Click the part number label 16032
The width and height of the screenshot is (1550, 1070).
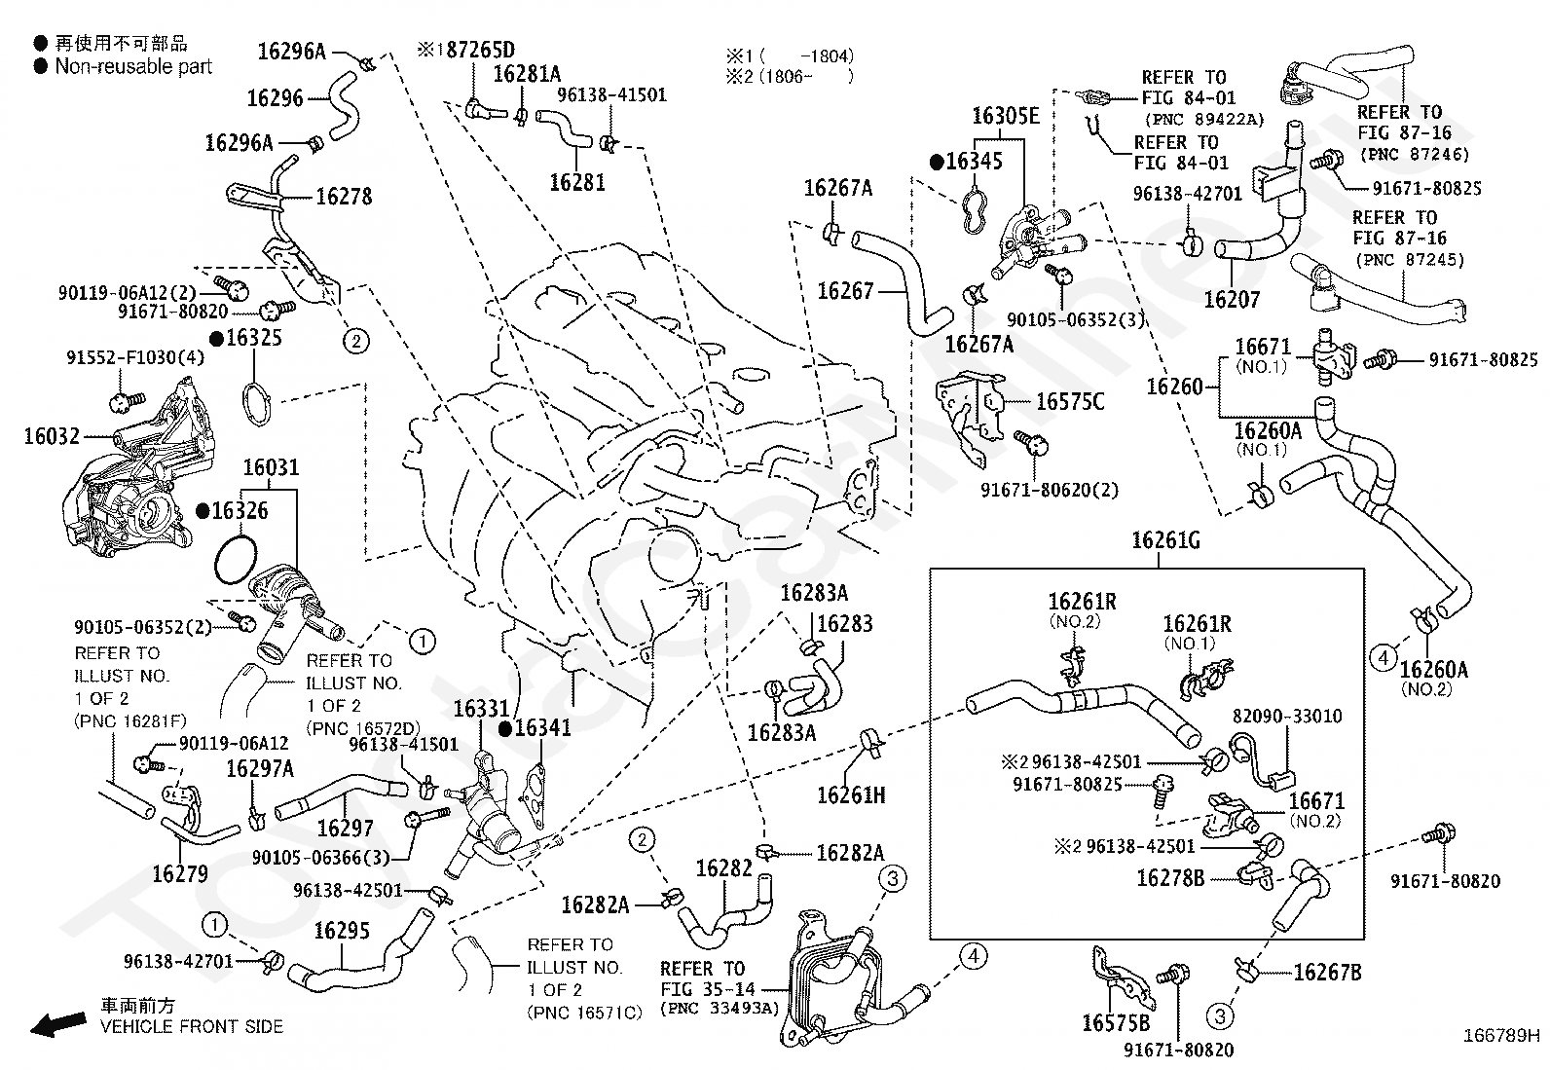52,436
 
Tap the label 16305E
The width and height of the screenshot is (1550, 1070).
1006,116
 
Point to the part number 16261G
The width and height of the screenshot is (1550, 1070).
1165,539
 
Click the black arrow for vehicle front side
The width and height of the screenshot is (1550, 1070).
58,1023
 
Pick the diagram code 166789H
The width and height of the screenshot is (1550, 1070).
1501,1035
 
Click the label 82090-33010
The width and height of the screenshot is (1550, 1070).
1286,716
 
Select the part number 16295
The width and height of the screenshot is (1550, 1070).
342,930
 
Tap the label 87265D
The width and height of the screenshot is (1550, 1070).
480,50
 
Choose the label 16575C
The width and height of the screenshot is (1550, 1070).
1070,401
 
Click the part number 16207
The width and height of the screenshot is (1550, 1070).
1232,300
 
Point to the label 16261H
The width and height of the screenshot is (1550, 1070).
851,795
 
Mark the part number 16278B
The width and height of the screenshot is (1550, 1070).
1171,878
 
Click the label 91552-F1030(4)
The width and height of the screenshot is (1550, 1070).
135,357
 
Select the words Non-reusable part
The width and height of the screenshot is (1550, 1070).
133,66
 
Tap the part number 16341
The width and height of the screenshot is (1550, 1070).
542,727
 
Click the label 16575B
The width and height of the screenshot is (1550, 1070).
1116,1023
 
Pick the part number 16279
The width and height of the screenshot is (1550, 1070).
180,874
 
